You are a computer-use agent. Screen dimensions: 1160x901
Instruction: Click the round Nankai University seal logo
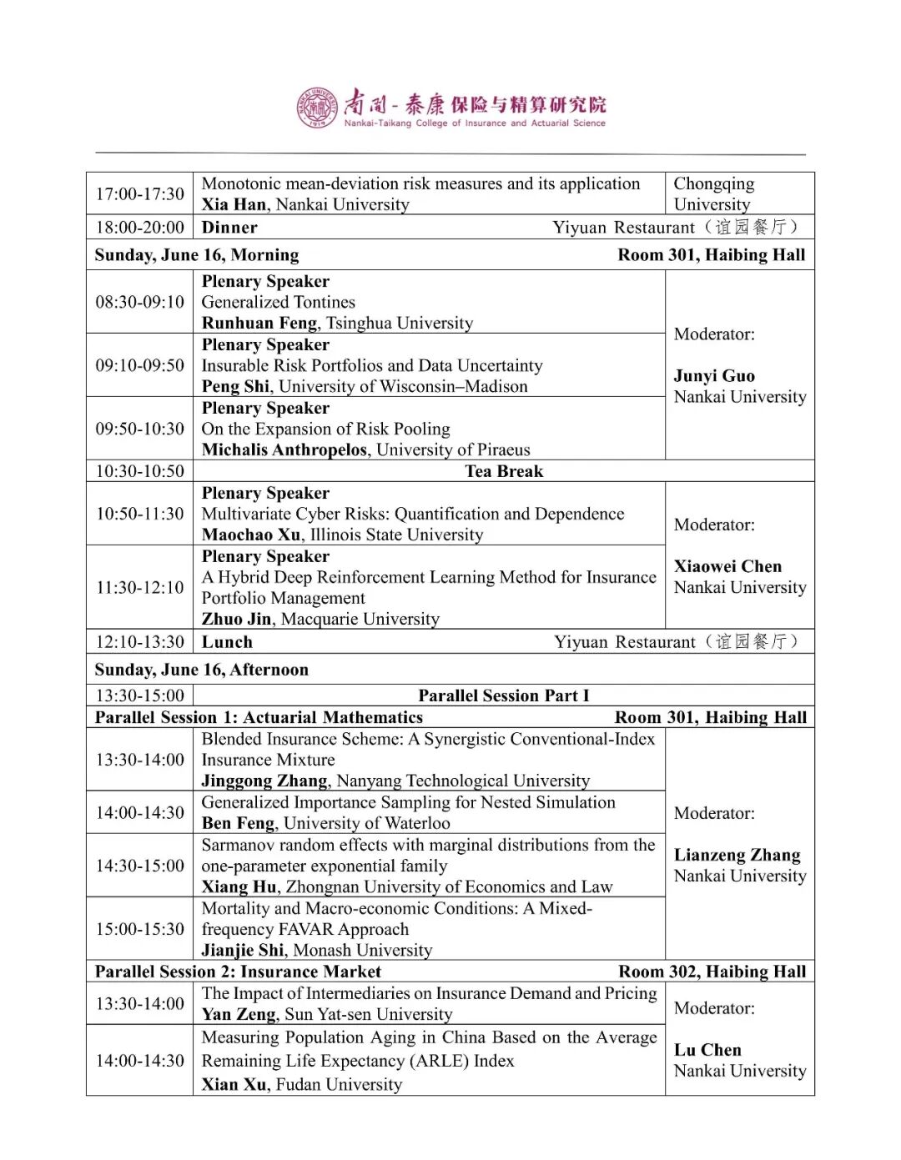[x=317, y=108]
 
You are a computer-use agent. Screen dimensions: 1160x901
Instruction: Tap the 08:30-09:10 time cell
[x=139, y=302]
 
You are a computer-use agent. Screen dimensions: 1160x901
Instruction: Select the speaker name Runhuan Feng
[x=259, y=324]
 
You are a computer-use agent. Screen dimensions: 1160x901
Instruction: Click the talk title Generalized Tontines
[x=278, y=302]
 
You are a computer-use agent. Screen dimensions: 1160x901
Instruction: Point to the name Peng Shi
[x=235, y=387]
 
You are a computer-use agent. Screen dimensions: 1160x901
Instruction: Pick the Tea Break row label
[x=504, y=471]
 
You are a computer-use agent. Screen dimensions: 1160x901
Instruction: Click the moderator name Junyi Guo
[x=714, y=376]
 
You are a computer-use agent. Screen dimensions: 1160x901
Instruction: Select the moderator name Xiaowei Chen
[x=727, y=566]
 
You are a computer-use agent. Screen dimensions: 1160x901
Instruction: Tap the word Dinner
[x=229, y=228]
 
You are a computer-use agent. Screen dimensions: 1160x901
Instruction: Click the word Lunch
[x=227, y=642]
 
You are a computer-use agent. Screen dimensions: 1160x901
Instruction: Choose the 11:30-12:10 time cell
[x=139, y=587]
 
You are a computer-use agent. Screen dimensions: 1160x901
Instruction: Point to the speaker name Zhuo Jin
[x=236, y=619]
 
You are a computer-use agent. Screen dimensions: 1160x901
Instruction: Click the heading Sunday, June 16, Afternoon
[x=201, y=670]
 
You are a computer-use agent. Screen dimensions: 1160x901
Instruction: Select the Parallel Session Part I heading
[x=503, y=695]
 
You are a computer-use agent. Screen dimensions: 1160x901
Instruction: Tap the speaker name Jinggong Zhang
[x=264, y=781]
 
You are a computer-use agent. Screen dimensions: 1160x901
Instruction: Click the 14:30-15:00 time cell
[x=139, y=866]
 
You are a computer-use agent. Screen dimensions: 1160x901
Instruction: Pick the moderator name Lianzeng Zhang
[x=737, y=855]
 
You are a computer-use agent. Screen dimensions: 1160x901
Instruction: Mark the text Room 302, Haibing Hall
[x=712, y=972]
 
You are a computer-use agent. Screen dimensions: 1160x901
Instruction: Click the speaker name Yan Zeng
[x=239, y=1015]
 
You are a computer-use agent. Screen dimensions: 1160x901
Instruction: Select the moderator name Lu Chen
[x=707, y=1050]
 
